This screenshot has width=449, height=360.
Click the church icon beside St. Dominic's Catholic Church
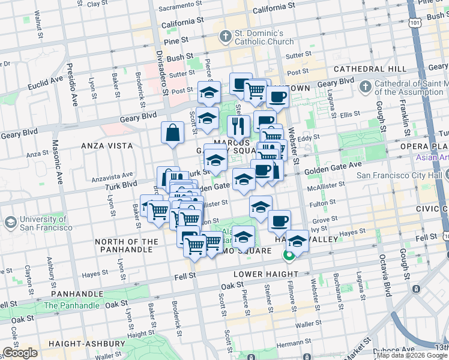[x=226, y=37]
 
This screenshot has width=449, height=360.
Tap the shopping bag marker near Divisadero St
[x=172, y=133]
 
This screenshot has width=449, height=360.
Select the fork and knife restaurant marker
[x=238, y=126]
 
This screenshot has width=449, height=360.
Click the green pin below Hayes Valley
[x=289, y=256]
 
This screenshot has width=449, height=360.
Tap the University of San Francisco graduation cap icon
[x=10, y=223]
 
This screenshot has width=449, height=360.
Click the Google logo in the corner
[x=20, y=352]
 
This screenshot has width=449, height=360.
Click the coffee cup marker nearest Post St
[x=277, y=97]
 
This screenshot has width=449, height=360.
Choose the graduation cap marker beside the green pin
[x=297, y=241]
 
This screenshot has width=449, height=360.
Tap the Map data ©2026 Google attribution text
[x=411, y=355]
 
